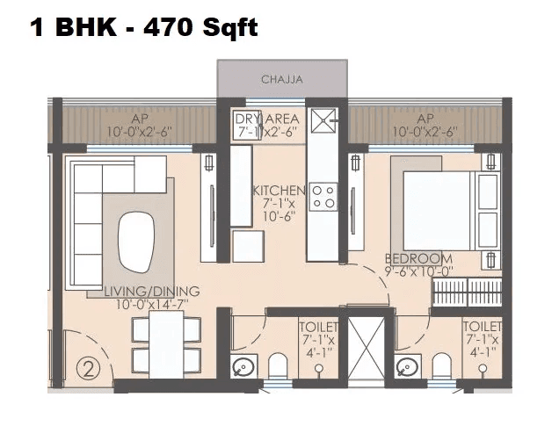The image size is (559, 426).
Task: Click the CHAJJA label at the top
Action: tap(281, 80)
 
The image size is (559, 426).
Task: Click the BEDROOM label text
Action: tap(419, 259)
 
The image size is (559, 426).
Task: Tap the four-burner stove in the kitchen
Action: tap(323, 196)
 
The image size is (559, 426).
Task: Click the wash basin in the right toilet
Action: tap(405, 365)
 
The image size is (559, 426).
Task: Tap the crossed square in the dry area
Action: tap(323, 119)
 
